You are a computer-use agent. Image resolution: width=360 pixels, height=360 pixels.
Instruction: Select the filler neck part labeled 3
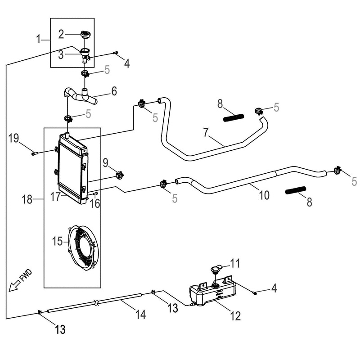tap(85, 54)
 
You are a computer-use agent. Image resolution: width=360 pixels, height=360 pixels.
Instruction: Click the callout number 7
tap(206, 133)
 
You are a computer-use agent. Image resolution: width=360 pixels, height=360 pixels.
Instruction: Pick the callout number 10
tap(264, 195)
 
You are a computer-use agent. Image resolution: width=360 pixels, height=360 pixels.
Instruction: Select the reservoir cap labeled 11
tap(216, 270)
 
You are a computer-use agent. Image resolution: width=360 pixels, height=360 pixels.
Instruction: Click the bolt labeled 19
tap(34, 153)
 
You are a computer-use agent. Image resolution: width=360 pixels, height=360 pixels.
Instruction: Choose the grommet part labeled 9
tap(120, 175)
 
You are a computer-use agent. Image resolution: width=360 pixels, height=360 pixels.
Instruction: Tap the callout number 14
tap(141, 315)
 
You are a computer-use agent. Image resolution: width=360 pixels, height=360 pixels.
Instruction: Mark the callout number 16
tap(94, 204)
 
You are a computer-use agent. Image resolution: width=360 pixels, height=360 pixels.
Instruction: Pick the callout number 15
tap(57, 242)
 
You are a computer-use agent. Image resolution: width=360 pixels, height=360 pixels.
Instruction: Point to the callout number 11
tap(236, 263)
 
